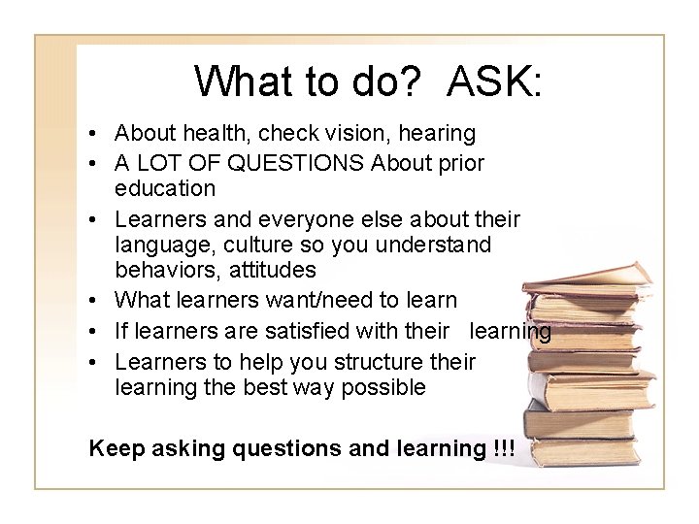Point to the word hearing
pyautogui.click(x=435, y=133)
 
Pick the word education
pyautogui.click(x=165, y=187)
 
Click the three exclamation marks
pyautogui.click(x=504, y=448)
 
